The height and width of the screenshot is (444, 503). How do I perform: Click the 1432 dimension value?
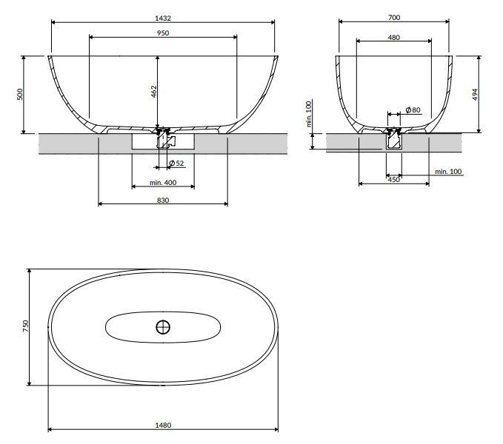[163, 18]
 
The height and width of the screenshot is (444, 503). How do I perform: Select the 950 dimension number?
[163, 33]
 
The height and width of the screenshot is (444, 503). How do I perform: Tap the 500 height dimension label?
[20, 94]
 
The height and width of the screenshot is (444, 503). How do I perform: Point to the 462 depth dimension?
[154, 92]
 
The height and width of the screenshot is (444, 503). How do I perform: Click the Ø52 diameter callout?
[176, 164]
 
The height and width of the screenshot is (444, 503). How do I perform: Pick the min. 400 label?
[163, 183]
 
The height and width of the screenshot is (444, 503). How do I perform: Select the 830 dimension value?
[163, 201]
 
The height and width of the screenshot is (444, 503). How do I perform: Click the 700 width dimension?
[394, 18]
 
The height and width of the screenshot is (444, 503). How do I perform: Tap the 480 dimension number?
[394, 38]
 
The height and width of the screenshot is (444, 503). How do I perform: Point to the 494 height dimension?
[475, 94]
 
